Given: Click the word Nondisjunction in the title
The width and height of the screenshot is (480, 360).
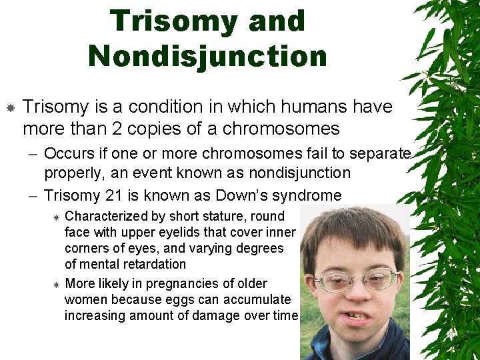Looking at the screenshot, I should [x=207, y=56].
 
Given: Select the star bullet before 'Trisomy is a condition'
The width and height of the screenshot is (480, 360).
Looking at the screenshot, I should [x=10, y=107].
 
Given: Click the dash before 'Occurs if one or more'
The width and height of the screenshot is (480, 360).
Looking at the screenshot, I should [x=33, y=154].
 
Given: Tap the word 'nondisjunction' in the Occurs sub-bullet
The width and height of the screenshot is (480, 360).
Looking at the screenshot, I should [x=298, y=173].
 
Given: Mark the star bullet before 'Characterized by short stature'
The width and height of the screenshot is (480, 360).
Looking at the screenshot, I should [x=57, y=217].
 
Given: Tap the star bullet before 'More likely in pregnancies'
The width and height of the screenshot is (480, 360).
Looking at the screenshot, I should [x=57, y=285].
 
